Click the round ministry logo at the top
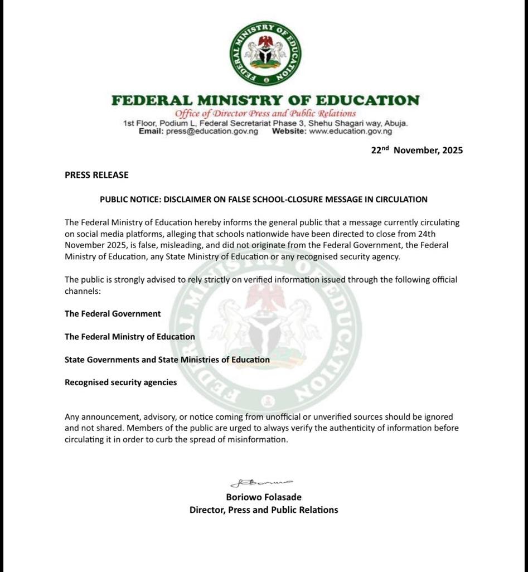[x=265, y=54]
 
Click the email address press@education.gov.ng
[x=212, y=132]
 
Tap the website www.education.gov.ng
[x=350, y=132]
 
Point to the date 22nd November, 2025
[x=417, y=150]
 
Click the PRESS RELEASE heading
[x=96, y=175]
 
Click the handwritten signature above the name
[x=261, y=483]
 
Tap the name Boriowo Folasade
[x=264, y=497]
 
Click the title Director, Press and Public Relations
[x=264, y=510]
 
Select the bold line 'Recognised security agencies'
[x=120, y=382]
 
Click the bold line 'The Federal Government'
[x=113, y=314]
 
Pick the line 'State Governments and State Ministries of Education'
[x=167, y=360]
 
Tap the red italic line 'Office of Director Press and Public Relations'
[x=265, y=114]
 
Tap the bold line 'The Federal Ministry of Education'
[x=130, y=337]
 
